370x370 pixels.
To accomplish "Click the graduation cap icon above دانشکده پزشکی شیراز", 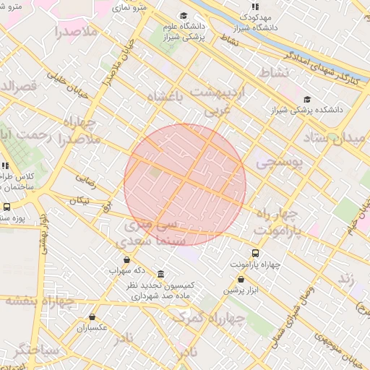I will coord(307,100).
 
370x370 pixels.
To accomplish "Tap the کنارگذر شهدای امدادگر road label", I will coord(318,63).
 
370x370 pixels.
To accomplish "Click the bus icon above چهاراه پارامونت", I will coord(255,253).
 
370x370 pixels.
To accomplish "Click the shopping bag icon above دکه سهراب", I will coord(127,259).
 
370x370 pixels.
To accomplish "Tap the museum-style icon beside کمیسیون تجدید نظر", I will coord(160,275).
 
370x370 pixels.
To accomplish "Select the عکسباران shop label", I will coord(92,327).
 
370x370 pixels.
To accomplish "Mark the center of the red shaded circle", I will coord(185,184).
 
